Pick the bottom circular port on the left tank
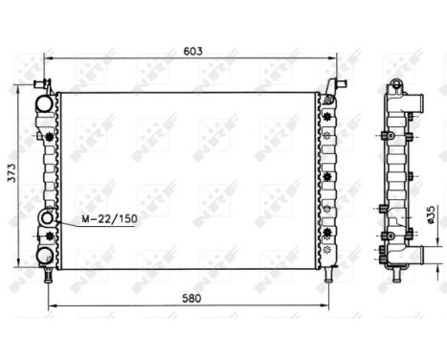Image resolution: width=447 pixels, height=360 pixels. (45, 254)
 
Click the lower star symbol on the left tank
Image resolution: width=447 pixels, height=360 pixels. (47, 235)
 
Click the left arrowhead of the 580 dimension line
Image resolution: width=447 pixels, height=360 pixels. (51, 304)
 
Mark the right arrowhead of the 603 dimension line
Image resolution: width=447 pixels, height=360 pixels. (335, 58)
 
